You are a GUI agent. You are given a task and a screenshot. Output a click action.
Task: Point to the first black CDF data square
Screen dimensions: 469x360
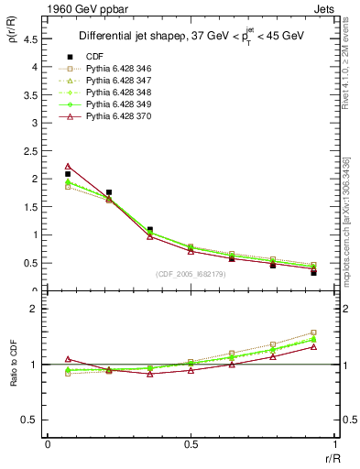pos(69,174)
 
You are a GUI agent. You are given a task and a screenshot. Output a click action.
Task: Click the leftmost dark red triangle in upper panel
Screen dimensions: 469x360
pos(69,166)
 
